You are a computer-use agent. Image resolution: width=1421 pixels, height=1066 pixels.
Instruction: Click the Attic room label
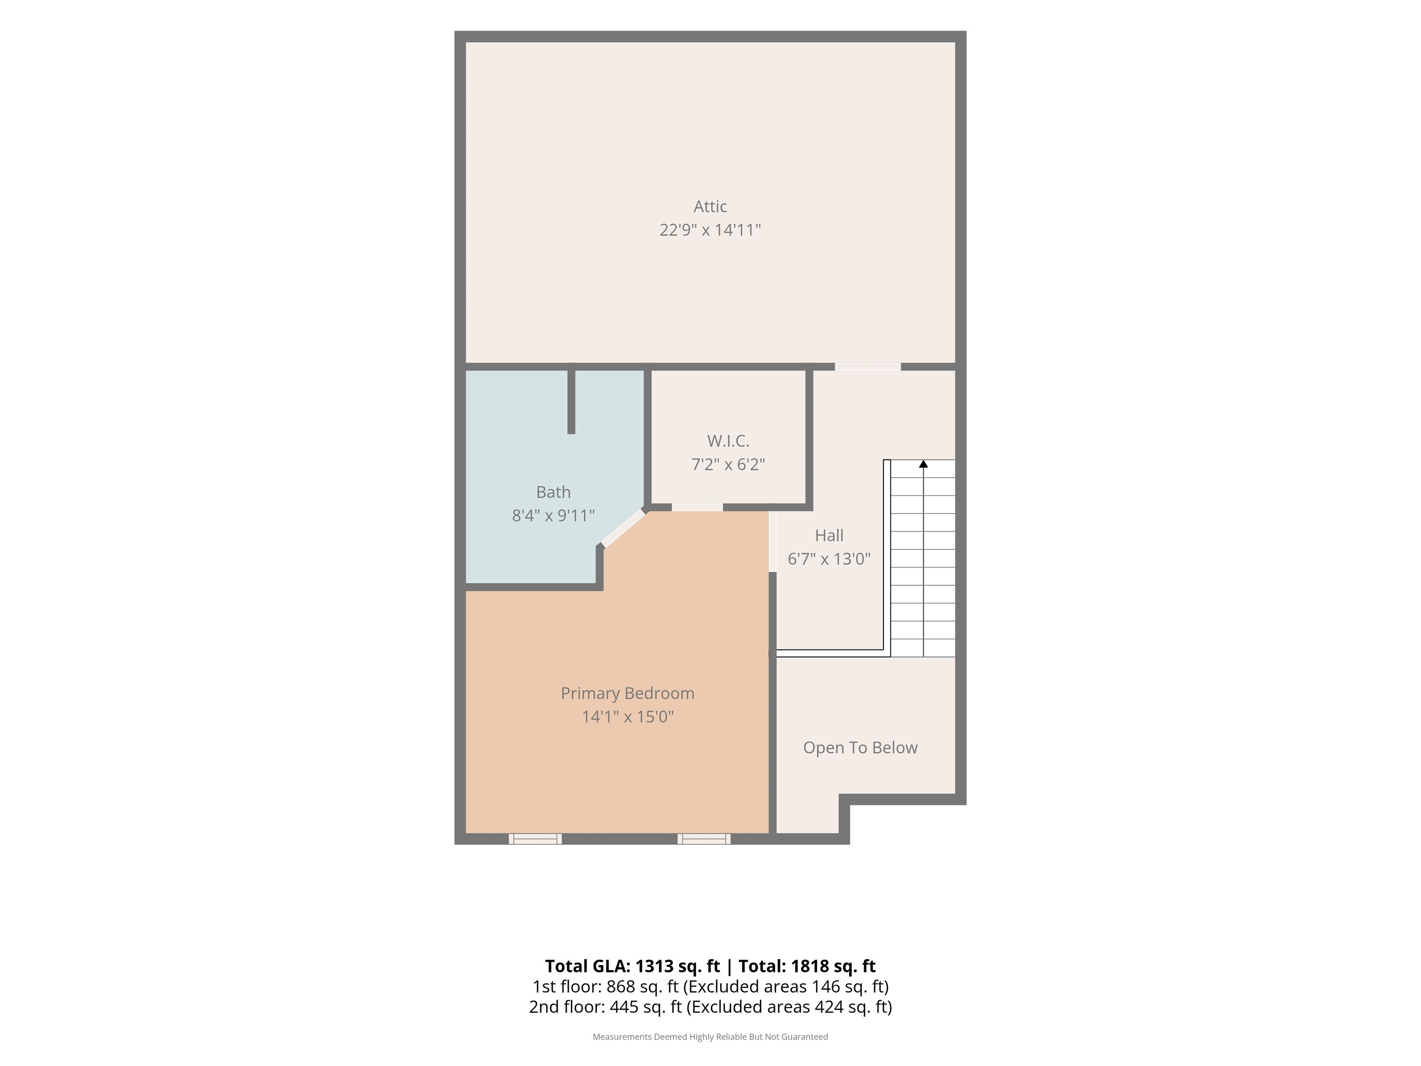click(x=710, y=206)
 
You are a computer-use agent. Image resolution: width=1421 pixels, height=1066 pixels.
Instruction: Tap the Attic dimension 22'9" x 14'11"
click(x=710, y=230)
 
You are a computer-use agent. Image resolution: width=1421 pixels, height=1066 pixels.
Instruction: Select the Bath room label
click(x=553, y=492)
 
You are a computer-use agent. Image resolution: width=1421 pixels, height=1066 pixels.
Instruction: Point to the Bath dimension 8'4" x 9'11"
click(x=553, y=515)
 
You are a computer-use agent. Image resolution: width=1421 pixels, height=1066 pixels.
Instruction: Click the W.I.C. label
click(x=728, y=441)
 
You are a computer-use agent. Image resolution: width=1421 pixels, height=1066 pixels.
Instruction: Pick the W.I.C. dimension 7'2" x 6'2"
click(x=728, y=464)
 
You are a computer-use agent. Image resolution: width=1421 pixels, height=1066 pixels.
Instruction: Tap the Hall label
click(x=829, y=535)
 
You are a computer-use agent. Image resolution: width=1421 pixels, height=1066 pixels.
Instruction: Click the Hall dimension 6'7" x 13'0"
click(x=829, y=558)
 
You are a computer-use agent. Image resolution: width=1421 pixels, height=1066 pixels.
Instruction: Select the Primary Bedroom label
click(x=628, y=694)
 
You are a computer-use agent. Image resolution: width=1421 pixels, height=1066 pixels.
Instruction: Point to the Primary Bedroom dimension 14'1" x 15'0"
click(x=628, y=716)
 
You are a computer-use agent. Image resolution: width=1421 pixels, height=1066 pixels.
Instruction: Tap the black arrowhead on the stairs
click(x=923, y=463)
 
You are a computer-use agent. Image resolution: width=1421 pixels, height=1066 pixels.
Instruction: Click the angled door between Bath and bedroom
click(x=623, y=527)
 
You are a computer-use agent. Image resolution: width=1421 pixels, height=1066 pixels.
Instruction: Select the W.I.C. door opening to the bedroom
click(x=697, y=508)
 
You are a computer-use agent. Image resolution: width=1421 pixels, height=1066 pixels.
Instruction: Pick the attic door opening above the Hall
click(x=867, y=367)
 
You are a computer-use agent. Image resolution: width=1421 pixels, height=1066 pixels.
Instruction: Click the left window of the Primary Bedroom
click(x=535, y=838)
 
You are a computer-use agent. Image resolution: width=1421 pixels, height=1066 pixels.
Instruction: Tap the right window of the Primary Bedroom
click(x=704, y=838)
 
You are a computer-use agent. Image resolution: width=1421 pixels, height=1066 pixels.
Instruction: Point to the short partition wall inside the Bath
click(x=571, y=402)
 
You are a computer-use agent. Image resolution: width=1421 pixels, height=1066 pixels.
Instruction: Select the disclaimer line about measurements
click(x=710, y=1036)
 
